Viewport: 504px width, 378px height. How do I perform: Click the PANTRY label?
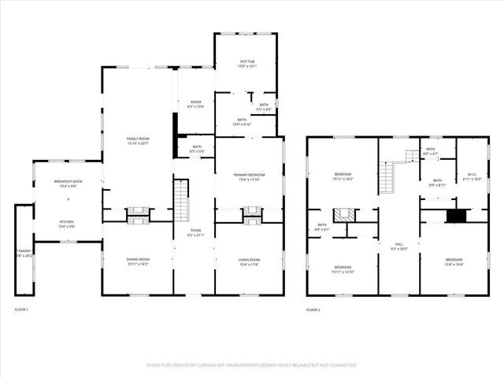coord(24,253)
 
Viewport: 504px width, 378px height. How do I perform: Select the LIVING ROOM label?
coord(250,261)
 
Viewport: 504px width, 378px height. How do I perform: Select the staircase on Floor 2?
coord(389,177)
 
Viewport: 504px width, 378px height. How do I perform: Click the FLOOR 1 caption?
coord(21,310)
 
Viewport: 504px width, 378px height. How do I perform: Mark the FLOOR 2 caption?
coord(313,310)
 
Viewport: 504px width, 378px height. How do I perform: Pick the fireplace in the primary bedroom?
coord(251,211)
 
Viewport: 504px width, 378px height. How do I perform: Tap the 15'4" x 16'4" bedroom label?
coord(454,261)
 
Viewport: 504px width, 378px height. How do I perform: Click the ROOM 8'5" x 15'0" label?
coord(195,104)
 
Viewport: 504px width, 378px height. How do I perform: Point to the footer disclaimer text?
coord(252,365)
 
